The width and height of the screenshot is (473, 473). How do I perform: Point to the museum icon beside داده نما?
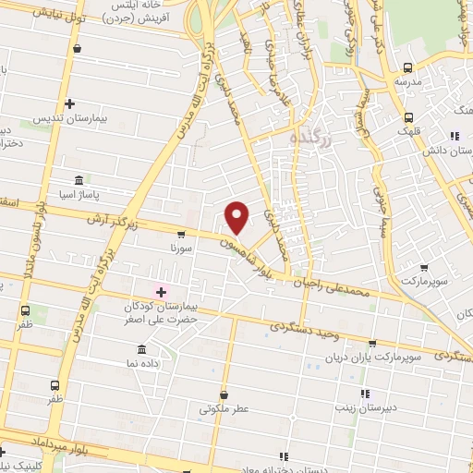coord(140,349)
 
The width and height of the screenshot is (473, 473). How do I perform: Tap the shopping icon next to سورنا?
coord(181,235)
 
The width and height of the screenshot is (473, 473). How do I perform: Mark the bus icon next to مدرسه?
coord(407,67)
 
